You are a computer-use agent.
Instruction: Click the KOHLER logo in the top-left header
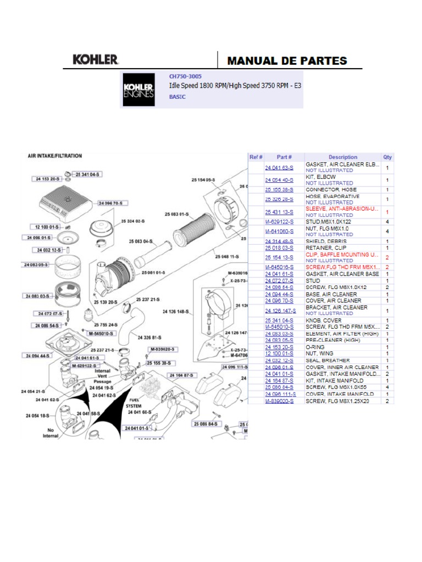pos(96,60)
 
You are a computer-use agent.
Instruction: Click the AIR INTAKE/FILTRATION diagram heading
pos(55,156)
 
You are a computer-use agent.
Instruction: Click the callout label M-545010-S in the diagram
pos(101,333)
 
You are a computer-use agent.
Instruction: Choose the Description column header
pos(343,157)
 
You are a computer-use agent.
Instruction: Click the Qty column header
pos(387,157)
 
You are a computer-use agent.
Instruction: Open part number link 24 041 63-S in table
pos(279,167)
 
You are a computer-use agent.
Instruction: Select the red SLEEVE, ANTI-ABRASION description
pos(342,209)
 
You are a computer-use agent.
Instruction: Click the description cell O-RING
pos(316,347)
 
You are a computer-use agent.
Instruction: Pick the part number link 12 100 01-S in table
pos(279,354)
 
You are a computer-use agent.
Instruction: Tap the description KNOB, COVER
pos(324,321)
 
